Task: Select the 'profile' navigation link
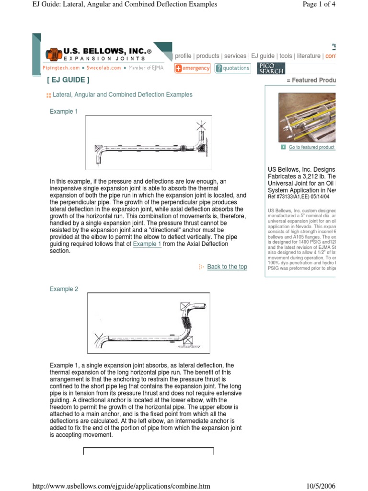(x=183, y=56)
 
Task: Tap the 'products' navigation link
(x=208, y=56)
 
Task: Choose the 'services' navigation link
(x=235, y=56)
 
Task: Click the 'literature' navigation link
(x=308, y=56)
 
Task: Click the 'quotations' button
(x=232, y=68)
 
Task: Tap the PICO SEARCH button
(x=271, y=68)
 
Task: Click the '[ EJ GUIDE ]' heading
(x=68, y=80)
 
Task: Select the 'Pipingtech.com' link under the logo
(x=61, y=68)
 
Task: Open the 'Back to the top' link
(x=227, y=267)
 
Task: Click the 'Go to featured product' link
(x=311, y=147)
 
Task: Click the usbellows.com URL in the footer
(x=121, y=486)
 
